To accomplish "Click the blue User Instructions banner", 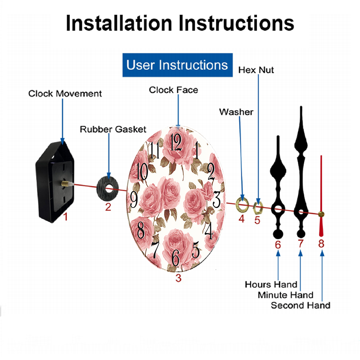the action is pos(177,65).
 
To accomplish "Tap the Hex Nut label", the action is pos(256,70).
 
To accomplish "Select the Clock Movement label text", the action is pos(65,94).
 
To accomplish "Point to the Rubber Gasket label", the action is pos(113,129).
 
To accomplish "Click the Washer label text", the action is pos(236,112).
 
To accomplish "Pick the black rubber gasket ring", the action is pos(107,189).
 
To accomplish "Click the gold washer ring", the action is pos(242,204).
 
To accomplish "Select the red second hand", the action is pos(321,196).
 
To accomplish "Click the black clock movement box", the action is pos(55,181).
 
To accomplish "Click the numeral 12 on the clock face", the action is pos(176,142).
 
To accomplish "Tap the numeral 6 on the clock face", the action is pos(176,258).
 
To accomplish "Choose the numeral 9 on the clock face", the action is pos(134,199).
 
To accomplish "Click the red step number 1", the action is pos(66,217).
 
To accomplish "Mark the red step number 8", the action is pos(321,243).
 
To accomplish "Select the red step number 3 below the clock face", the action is pos(179,278).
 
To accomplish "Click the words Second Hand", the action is pos(301,305).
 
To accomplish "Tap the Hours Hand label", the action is pos(271,284).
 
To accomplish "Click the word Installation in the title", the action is pos(119,23).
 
